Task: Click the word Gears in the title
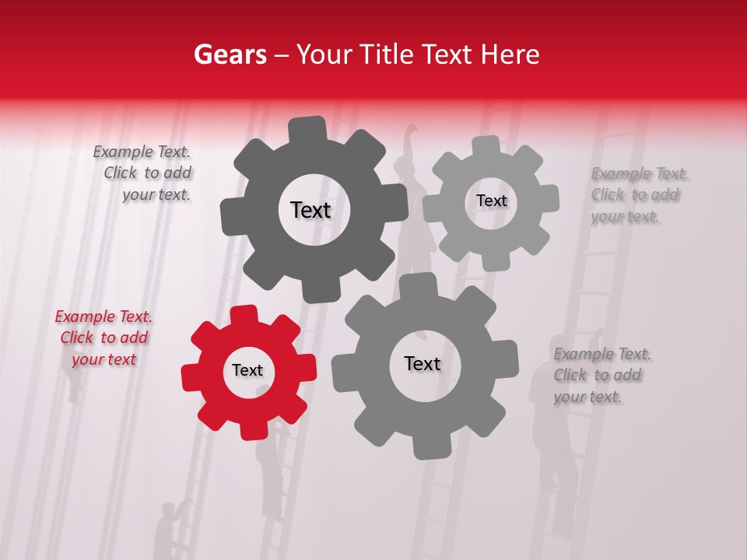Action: click(230, 54)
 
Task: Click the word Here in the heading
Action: click(510, 54)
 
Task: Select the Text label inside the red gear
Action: click(247, 370)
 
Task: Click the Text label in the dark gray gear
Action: click(310, 210)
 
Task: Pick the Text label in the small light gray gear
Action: click(491, 201)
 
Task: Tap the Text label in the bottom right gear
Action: click(423, 363)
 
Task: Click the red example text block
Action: click(103, 338)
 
